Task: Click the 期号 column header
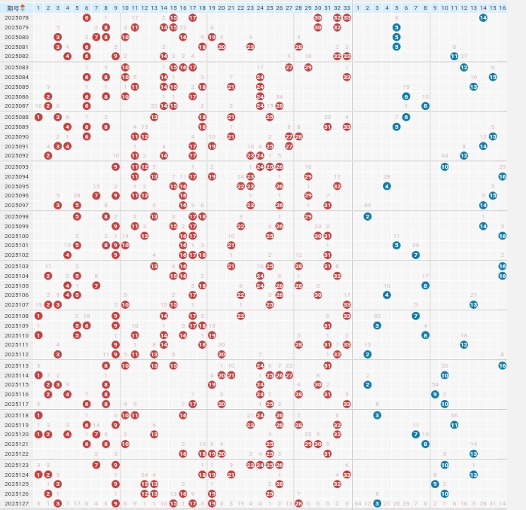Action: (x=17, y=8)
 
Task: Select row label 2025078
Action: (x=17, y=17)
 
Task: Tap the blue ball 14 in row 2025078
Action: (x=483, y=17)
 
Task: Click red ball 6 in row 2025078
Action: (x=87, y=17)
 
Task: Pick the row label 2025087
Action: (x=17, y=106)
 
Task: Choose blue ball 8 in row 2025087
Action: (x=425, y=106)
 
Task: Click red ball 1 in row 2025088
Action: (x=38, y=117)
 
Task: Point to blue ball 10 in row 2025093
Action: (x=445, y=166)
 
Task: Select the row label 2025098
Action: (x=17, y=216)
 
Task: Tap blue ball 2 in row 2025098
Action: (x=367, y=216)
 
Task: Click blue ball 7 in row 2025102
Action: (x=415, y=255)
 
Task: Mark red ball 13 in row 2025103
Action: (x=154, y=266)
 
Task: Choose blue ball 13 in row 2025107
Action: (x=473, y=304)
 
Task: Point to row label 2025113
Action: (x=17, y=365)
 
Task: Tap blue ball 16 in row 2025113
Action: (x=502, y=365)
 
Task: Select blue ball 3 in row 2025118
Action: (x=377, y=415)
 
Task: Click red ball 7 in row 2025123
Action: (x=96, y=465)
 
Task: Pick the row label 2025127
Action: (x=17, y=503)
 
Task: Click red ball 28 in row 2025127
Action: (x=298, y=503)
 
